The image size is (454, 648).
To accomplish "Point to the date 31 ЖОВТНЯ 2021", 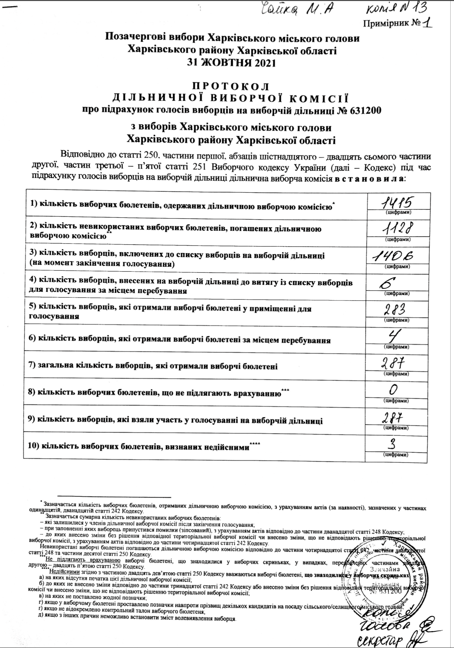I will [x=232, y=63].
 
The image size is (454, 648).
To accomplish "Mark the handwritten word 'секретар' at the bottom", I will [x=380, y=640].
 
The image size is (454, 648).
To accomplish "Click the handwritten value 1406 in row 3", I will [x=396, y=257].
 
